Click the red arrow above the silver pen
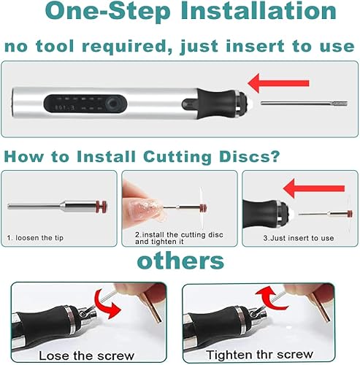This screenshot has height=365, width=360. coord(278,83)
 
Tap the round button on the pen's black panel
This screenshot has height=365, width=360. coord(112,104)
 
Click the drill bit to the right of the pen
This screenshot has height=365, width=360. coord(304,104)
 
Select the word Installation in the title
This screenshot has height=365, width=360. coord(258,11)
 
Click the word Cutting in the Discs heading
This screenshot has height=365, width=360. coord(177,157)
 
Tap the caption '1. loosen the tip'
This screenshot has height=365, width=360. coord(35,238)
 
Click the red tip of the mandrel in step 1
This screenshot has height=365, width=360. coord(102,207)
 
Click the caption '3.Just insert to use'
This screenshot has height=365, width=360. coord(299,238)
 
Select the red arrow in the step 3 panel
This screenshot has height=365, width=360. coord(314,188)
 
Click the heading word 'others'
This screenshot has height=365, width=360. coord(180,261)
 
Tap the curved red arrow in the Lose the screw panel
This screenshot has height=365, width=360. coord(108,305)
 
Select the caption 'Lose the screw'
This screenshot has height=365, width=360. coord(86,356)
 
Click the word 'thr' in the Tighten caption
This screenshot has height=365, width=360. coord(264,354)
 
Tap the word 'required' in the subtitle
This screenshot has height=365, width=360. coord(127,47)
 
